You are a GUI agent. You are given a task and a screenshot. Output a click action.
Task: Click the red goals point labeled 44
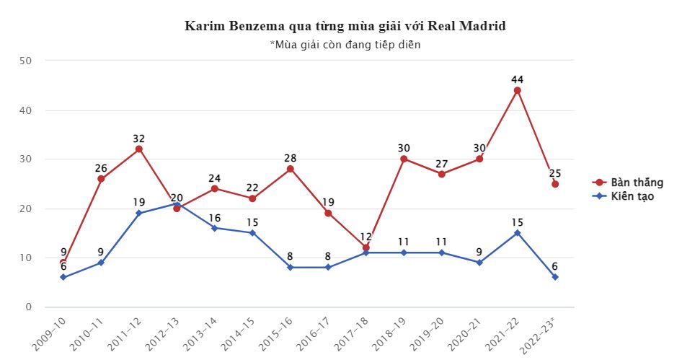pos(517,90)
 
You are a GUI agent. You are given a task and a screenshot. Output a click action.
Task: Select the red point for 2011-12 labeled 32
pos(138,149)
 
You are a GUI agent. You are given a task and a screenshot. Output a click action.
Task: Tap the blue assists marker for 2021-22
pos(517,233)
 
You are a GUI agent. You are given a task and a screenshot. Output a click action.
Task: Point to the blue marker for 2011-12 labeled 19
pos(138,214)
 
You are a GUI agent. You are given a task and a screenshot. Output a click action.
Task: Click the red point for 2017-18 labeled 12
pos(366,247)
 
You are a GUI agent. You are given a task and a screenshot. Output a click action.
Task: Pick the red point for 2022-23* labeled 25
pos(555,184)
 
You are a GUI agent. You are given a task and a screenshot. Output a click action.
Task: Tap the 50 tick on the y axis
pos(26,61)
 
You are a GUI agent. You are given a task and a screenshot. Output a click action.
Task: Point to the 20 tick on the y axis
pos(26,208)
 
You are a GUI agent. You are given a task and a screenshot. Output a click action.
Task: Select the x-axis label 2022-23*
pos(542,336)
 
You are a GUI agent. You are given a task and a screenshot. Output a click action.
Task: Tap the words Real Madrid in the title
pos(466,26)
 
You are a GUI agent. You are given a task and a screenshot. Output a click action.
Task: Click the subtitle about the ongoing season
pos(345,45)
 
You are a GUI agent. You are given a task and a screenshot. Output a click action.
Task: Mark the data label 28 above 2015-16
pos(290,158)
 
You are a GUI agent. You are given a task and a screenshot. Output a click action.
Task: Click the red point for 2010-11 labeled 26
pos(101,179)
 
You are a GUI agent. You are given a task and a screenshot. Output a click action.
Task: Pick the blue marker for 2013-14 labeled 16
pos(214,228)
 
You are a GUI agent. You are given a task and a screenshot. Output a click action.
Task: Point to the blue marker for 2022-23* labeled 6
pos(555,277)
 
